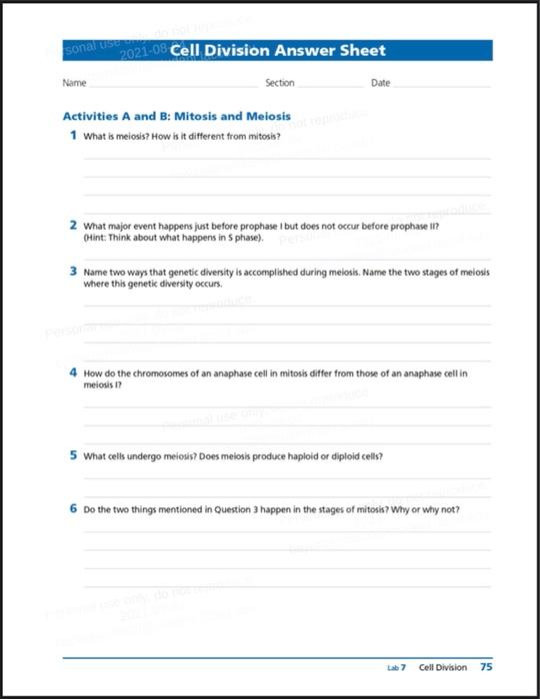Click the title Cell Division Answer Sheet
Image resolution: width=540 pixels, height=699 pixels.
coord(278,51)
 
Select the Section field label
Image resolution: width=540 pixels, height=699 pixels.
coord(280,83)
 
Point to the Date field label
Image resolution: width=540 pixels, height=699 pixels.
coord(380,83)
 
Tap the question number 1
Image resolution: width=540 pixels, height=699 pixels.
coord(73,135)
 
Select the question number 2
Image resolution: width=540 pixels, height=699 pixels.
coord(73,225)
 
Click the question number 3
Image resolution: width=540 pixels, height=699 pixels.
coord(73,271)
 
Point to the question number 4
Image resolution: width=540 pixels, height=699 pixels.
coord(73,371)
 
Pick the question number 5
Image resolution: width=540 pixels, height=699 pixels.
coord(73,455)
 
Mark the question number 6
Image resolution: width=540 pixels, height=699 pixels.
coord(73,508)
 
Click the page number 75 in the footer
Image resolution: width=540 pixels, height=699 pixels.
coord(486,667)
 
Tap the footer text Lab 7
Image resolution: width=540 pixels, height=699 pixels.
coord(397,668)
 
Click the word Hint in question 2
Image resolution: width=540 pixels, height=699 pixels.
coord(95,239)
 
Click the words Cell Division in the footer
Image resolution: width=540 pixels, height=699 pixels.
coord(443,667)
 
